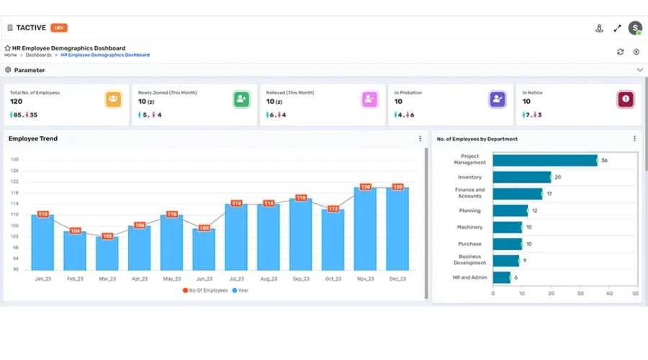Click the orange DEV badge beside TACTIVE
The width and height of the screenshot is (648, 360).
click(59, 28)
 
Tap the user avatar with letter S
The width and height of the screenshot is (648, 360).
click(634, 28)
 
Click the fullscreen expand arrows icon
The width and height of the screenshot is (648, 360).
click(617, 29)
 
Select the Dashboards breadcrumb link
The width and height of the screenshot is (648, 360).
click(39, 55)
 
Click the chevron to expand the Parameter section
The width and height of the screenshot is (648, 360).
click(639, 70)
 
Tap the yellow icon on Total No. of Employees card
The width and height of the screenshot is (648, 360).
click(113, 99)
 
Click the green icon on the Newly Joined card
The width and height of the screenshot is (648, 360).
click(241, 99)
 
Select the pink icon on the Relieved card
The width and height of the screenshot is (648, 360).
click(369, 99)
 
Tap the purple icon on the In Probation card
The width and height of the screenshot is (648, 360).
click(498, 99)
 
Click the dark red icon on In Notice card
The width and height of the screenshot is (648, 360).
click(626, 99)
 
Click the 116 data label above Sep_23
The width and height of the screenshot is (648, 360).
click(301, 198)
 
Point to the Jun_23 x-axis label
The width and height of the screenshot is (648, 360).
click(204, 279)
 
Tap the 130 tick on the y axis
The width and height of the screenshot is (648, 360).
click(14, 160)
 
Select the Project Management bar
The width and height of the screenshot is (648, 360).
click(545, 161)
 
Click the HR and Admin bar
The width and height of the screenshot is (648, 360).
click(502, 277)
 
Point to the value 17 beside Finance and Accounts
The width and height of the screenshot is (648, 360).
click(549, 194)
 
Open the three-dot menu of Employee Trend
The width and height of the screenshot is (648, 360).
click(420, 139)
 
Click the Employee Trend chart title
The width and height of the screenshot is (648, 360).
click(33, 139)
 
